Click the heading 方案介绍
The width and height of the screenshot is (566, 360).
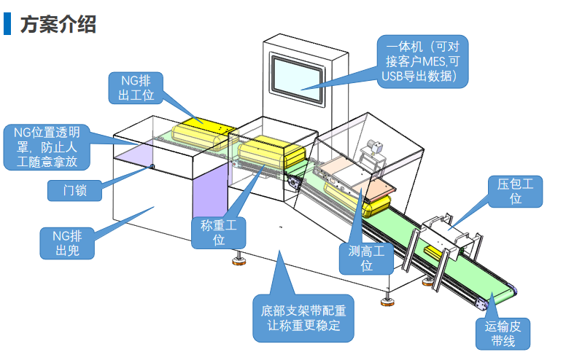[58, 25]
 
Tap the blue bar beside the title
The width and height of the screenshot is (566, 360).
[7, 24]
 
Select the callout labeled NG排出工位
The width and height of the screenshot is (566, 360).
[136, 88]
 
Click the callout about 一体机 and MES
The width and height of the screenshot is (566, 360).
[422, 61]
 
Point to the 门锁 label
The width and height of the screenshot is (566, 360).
[74, 190]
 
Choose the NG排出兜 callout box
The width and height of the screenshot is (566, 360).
[67, 243]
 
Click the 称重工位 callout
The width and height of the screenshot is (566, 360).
[218, 232]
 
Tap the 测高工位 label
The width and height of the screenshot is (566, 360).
[366, 259]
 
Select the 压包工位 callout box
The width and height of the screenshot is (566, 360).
[515, 192]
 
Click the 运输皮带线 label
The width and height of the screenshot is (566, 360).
[503, 334]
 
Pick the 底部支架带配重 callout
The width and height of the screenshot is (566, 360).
[303, 318]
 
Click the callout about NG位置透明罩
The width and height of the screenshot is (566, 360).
[47, 147]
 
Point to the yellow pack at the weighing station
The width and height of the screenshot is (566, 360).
[271, 152]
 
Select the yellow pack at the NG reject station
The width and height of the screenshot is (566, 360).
[204, 134]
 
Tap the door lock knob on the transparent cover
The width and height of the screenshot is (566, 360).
[152, 166]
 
